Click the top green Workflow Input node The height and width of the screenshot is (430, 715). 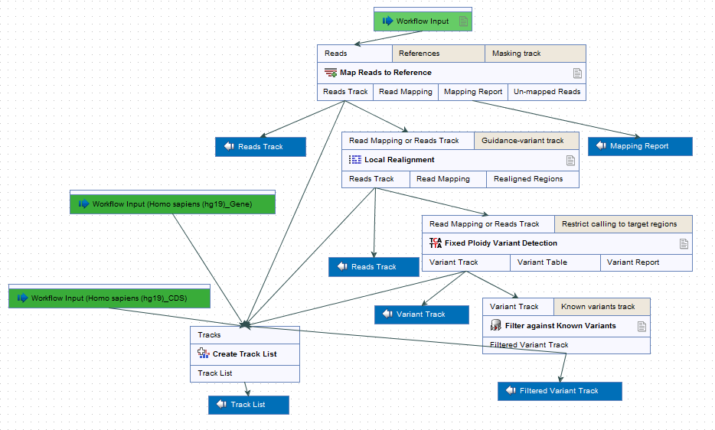click(x=423, y=21)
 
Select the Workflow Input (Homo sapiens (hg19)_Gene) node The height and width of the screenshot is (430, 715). click(x=172, y=204)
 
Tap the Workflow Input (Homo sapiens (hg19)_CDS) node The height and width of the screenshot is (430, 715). click(x=109, y=298)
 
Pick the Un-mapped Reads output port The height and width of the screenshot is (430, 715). click(x=547, y=92)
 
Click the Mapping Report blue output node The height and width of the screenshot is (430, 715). click(x=640, y=146)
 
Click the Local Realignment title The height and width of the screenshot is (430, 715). click(x=400, y=160)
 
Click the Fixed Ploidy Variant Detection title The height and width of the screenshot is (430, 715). click(x=501, y=243)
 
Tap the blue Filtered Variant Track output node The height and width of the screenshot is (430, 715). click(x=560, y=391)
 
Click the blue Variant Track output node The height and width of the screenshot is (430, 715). click(x=422, y=314)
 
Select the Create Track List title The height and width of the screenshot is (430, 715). click(x=244, y=354)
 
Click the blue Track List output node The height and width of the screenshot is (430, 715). click(x=249, y=405)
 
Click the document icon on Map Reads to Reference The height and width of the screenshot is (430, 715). click(x=577, y=73)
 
